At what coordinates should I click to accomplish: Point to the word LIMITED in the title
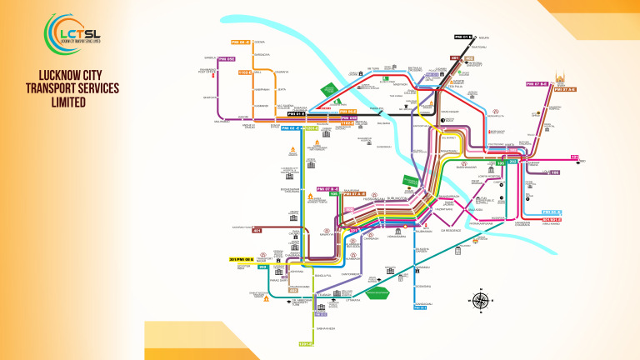click(x=56, y=102)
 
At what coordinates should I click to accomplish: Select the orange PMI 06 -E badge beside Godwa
click(x=240, y=42)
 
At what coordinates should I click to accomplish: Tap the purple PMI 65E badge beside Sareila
click(x=227, y=59)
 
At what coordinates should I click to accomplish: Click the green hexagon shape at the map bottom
click(x=379, y=292)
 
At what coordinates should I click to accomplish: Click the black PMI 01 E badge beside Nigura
click(x=463, y=37)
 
